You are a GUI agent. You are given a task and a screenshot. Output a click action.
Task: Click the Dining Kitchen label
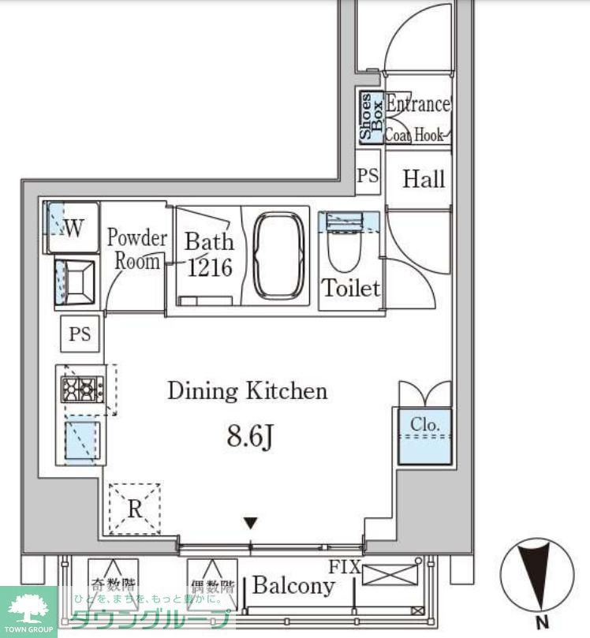(x=247, y=390)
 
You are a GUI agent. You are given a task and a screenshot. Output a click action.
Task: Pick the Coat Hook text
(x=414, y=135)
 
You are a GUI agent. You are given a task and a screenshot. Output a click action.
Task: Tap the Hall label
(x=424, y=180)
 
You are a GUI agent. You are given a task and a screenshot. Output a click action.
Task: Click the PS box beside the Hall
(x=368, y=176)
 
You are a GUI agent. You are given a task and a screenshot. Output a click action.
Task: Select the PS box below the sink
(x=80, y=334)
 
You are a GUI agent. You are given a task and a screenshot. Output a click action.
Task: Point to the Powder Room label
(x=137, y=249)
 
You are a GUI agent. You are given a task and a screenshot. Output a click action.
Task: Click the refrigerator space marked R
(x=135, y=509)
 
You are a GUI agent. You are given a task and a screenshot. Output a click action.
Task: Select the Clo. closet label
(x=425, y=425)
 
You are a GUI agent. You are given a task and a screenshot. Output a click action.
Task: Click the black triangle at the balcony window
(x=251, y=522)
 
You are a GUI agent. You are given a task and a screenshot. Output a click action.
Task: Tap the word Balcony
(x=293, y=586)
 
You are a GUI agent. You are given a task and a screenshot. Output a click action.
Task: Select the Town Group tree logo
(x=28, y=608)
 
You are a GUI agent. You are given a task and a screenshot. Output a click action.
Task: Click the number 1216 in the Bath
(x=210, y=267)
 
